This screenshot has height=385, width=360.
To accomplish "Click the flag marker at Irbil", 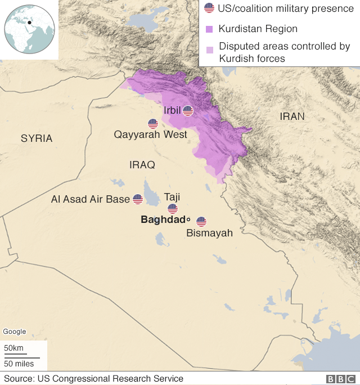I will pos(188,111).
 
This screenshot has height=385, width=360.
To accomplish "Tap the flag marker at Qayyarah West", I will pos(153,124).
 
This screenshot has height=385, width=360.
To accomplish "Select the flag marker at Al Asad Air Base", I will pos(138,199).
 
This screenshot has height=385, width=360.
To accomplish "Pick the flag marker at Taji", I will pos(173,209).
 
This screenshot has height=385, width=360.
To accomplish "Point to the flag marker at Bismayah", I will pos(201,222).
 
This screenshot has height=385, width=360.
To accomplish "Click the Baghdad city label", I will pos(163,220).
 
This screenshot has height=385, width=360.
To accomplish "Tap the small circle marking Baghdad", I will pos(189,220).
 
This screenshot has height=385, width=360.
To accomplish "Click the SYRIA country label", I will pos(37,138).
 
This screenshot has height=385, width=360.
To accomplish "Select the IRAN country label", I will pos(292,117).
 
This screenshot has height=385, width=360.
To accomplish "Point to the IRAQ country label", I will pos(142,165).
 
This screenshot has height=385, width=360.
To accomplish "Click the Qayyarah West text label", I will pos(150,135).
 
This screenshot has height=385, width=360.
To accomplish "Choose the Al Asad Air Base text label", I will pos(90,199).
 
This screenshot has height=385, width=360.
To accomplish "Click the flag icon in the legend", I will pos(209,8).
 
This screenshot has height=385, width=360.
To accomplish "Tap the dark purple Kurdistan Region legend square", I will pos(209,29).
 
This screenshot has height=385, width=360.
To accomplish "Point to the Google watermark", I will pos(15,332).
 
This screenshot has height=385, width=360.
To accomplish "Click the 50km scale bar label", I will pos(13,348).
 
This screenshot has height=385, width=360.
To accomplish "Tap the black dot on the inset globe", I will pos(29,23).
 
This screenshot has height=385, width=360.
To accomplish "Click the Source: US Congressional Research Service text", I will pos(93,379).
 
